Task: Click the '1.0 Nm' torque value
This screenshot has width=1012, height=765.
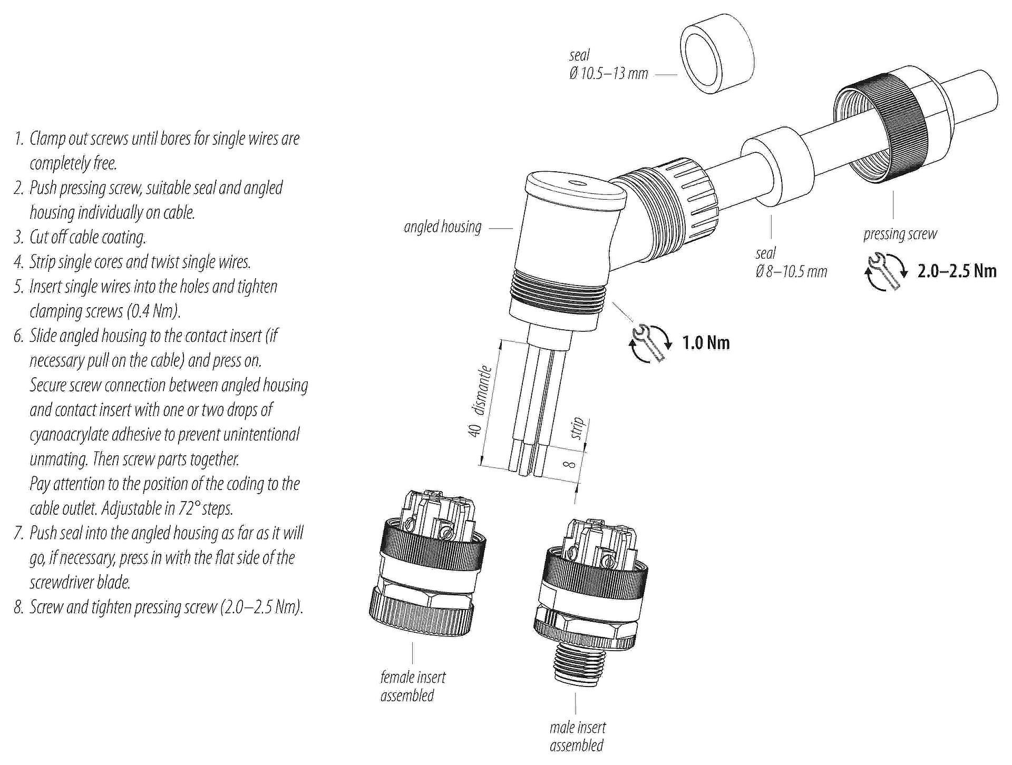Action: point(706,343)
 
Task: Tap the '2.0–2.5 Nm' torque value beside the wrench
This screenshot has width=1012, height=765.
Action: point(957,271)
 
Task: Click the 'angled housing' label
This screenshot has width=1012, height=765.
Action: point(442,227)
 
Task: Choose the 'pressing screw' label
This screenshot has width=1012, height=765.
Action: point(900,234)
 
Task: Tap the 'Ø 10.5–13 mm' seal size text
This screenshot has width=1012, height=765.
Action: point(608,74)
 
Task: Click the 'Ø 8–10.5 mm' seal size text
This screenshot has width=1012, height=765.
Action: point(791,272)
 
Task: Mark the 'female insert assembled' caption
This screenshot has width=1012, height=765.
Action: point(413,686)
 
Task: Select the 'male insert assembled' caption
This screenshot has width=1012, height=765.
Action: point(577,736)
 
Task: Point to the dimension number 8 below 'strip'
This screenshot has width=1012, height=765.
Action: point(568,464)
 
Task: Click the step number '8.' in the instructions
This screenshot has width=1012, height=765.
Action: point(18,607)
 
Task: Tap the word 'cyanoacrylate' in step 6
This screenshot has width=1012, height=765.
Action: point(68,435)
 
